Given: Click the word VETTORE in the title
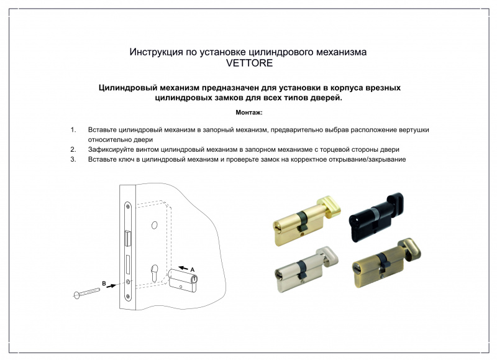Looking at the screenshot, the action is [x=249, y=63].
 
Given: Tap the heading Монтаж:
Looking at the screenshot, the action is [x=249, y=113].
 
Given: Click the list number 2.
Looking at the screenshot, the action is [x=73, y=149].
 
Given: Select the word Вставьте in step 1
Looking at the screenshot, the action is [x=102, y=130].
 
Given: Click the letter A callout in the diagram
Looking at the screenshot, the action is [x=192, y=270].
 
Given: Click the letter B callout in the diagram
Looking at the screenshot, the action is [x=104, y=284].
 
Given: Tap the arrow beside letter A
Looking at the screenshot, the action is [x=183, y=269].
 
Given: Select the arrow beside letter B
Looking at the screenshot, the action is [x=111, y=286].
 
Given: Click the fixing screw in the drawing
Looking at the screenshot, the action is [x=86, y=293].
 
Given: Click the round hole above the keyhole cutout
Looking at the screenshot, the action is [x=154, y=225].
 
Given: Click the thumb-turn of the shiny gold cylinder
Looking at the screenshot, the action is [x=330, y=207].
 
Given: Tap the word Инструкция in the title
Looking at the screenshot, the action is [x=157, y=52].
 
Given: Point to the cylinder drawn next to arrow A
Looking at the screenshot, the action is [x=183, y=280].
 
